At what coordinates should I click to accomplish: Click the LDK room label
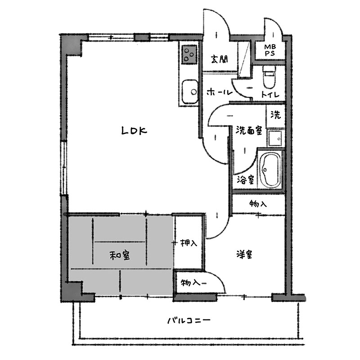tap(134, 130)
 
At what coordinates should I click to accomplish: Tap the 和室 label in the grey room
tap(120, 255)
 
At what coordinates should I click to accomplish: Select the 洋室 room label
tap(244, 254)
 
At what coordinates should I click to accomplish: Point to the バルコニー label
tap(189, 320)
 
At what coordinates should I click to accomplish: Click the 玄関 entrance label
tap(220, 59)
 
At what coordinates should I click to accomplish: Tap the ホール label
tap(220, 92)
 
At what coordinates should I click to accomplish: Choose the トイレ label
tap(270, 94)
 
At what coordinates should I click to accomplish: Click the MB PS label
tap(270, 50)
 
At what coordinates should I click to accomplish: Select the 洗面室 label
tap(249, 130)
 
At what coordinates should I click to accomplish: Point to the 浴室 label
tap(245, 180)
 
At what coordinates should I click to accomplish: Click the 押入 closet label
tap(189, 243)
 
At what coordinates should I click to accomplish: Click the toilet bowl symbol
tap(269, 77)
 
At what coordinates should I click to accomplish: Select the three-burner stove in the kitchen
tap(189, 54)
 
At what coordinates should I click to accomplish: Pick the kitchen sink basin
tap(189, 92)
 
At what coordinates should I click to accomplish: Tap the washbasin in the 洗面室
tap(275, 139)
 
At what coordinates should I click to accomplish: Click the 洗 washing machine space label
tap(275, 114)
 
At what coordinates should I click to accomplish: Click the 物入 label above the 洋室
tap(258, 203)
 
